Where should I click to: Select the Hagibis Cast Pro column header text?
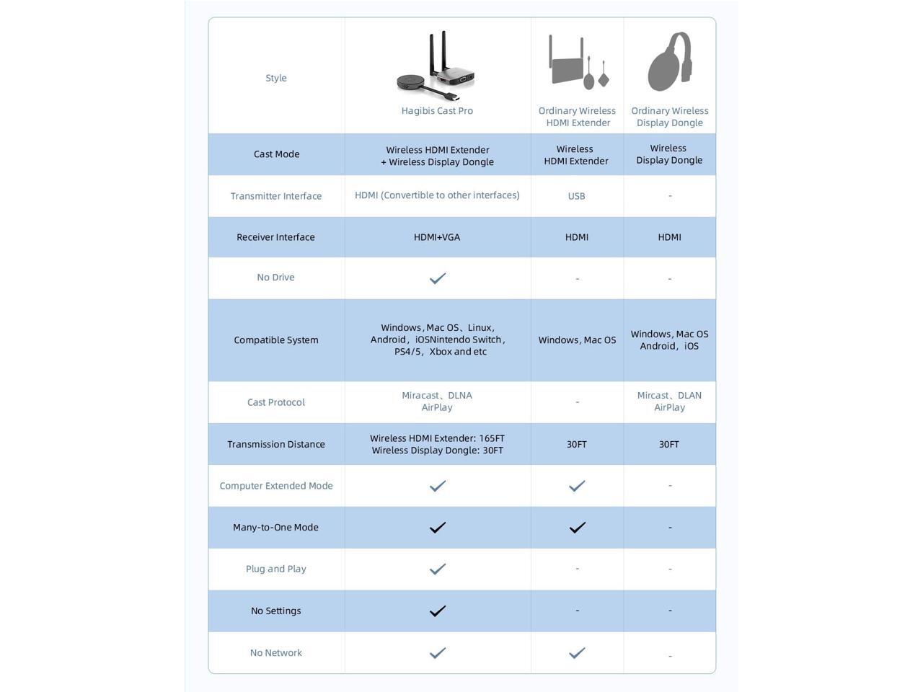pos(437,111)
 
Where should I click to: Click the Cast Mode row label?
pos(276,154)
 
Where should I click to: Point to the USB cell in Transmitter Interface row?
pos(576,196)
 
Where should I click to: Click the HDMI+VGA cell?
pos(437,237)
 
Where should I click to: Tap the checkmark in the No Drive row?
pos(437,278)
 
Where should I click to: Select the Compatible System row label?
pos(276,340)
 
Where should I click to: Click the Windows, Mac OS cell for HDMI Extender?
pos(577,340)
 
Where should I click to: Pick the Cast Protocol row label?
pos(276,402)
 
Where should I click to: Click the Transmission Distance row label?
pos(276,444)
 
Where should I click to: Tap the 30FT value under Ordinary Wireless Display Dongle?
pos(669,444)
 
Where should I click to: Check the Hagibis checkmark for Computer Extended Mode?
pos(437,486)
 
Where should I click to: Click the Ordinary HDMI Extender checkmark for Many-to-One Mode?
pos(577,528)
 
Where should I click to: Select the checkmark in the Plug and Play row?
pos(437,569)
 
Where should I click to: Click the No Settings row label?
pos(276,611)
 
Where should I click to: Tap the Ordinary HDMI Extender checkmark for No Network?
pos(577,653)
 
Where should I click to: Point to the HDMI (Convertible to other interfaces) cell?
pos(437,195)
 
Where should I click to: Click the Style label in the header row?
pos(276,78)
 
